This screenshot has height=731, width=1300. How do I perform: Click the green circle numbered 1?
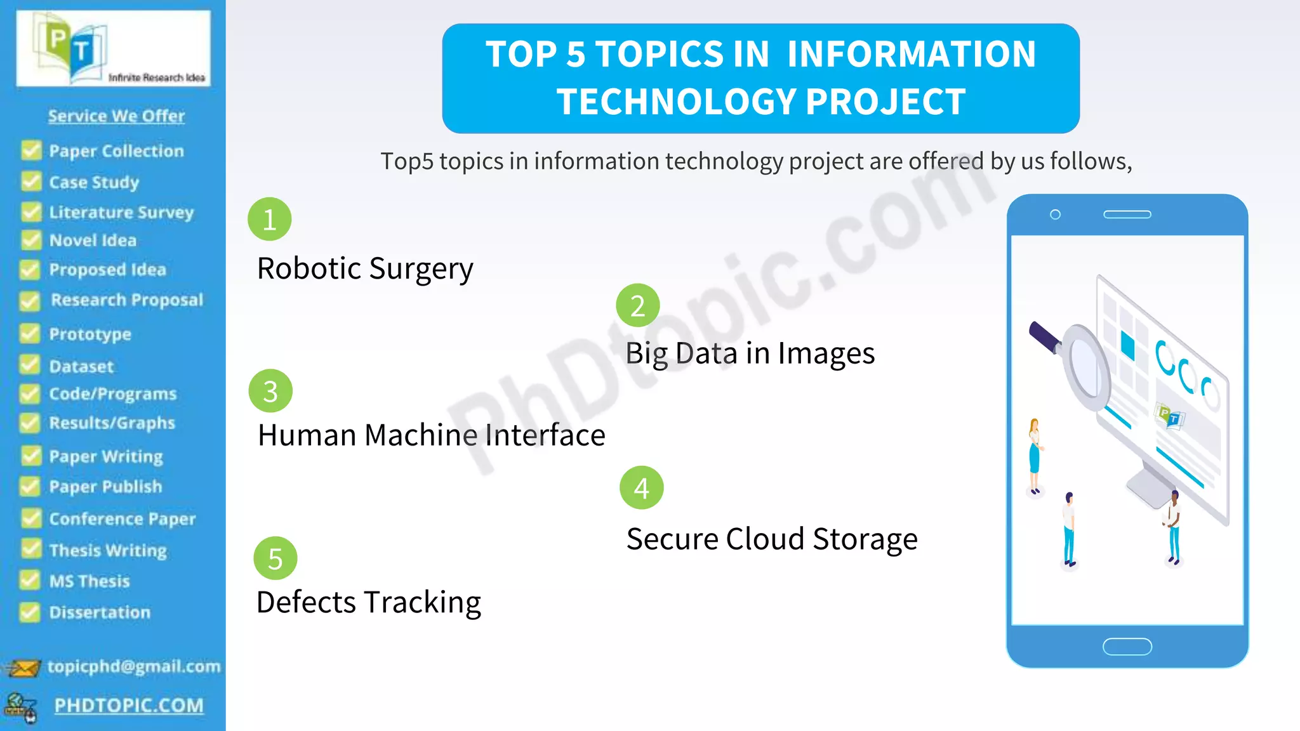point(269,220)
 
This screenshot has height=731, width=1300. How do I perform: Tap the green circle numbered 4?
point(641,488)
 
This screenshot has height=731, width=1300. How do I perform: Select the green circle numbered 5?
point(275,558)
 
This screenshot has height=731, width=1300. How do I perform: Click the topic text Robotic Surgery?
point(365,268)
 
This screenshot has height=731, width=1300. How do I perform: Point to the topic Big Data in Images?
point(750,353)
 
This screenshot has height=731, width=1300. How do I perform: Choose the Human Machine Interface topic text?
point(431,435)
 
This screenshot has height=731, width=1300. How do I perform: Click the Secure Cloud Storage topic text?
point(771,539)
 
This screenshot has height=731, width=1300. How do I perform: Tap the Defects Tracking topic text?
point(368,602)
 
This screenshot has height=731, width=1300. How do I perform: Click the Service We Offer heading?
point(116,116)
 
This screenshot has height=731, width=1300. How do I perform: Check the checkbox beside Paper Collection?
point(30,151)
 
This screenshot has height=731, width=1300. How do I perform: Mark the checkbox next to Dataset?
point(30,365)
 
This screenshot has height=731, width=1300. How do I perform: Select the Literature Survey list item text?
point(121,212)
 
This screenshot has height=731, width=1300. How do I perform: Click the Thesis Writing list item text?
point(108,550)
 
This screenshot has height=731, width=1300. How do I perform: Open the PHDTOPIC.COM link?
point(129,705)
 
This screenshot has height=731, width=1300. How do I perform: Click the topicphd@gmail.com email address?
point(134,666)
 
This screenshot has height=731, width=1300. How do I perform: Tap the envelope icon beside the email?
point(23,668)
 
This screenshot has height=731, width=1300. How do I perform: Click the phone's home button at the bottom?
point(1127,647)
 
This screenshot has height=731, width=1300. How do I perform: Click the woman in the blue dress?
point(1035,454)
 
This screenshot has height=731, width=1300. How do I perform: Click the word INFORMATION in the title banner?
point(911,54)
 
